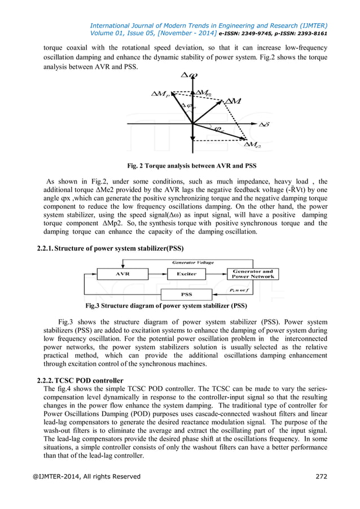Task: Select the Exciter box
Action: pyautogui.click(x=187, y=274)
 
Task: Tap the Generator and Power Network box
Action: pyautogui.click(x=253, y=274)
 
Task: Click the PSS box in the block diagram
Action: pyautogui.click(x=186, y=294)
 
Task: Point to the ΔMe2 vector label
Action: pyautogui.click(x=252, y=146)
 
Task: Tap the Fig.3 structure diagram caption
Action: pyautogui.click(x=166, y=306)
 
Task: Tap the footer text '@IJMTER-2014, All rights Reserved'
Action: pyautogui.click(x=86, y=476)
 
